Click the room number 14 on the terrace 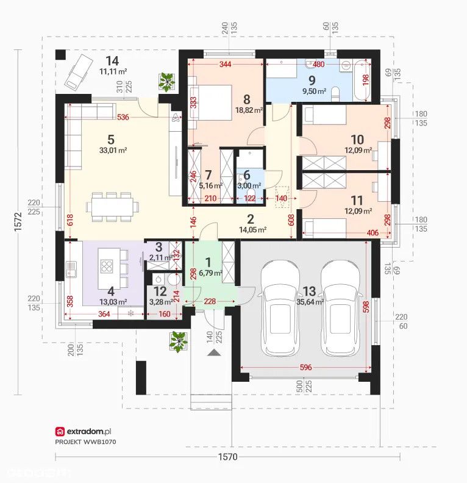click(x=112, y=61)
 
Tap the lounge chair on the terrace click(x=78, y=71)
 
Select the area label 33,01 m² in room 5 click(x=113, y=150)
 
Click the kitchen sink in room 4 click(x=71, y=269)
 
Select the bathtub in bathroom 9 click(x=362, y=81)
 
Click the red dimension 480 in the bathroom click(x=318, y=65)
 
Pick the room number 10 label click(x=357, y=140)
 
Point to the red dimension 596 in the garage click(x=305, y=367)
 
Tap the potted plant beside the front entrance click(x=178, y=342)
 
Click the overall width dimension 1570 click(x=228, y=457)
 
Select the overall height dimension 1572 click(x=19, y=221)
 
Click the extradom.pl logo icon click(x=60, y=432)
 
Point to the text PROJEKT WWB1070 click(x=85, y=442)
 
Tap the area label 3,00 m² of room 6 click(x=249, y=186)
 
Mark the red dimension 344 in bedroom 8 click(x=225, y=65)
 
